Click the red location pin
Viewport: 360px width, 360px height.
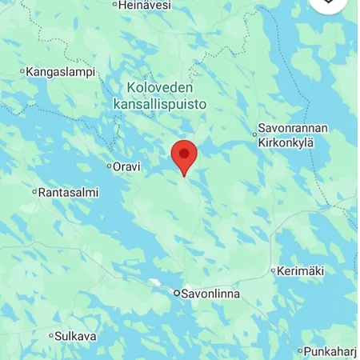tap(185, 155)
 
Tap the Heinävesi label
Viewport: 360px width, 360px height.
tap(146, 5)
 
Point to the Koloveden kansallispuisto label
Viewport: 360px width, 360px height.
tap(166, 95)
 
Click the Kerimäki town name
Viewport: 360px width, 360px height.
tap(301, 271)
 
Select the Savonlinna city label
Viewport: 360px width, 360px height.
tap(210, 294)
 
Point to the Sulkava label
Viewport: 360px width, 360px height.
tap(76, 336)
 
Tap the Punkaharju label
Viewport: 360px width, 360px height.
tap(331, 351)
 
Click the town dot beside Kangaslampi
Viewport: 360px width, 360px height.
tap(22, 72)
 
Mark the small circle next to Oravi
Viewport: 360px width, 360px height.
tap(110, 166)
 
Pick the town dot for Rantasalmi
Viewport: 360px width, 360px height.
tap(34, 192)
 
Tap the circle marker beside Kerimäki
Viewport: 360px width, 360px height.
tap(273, 271)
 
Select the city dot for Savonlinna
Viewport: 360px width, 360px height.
tap(177, 294)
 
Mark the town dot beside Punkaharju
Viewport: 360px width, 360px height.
tap(301, 351)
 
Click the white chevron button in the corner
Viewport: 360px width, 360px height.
tap(330, 3)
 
